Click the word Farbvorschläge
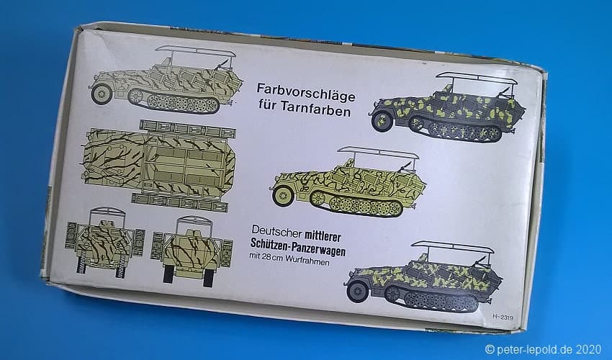[x=305, y=93]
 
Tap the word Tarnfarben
[x=316, y=109]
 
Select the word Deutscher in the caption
[x=276, y=232]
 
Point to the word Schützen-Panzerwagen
[x=298, y=248]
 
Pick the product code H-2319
[x=503, y=317]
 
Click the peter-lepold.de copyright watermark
[x=543, y=348]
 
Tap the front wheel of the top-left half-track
[x=102, y=94]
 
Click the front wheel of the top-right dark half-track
[x=382, y=121]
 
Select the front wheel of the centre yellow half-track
[x=283, y=196]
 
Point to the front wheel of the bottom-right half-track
[x=356, y=292]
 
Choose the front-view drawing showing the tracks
[x=104, y=243]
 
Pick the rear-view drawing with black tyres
[x=192, y=251]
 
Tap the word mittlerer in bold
[x=323, y=236]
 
